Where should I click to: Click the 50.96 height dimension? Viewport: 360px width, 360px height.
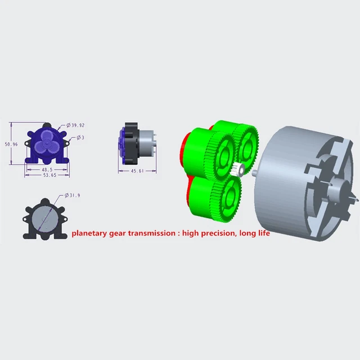[x=11, y=144]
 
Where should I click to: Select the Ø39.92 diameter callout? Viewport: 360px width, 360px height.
[x=75, y=125]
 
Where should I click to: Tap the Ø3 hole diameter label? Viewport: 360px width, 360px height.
[x=80, y=137]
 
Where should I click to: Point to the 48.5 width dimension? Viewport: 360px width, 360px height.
[x=47, y=170]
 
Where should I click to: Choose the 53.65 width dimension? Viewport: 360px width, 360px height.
[x=50, y=175]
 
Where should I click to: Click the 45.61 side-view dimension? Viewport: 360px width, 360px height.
[x=137, y=171]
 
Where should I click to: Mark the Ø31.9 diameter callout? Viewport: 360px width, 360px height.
[x=73, y=195]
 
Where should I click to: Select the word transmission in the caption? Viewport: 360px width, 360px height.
[x=152, y=233]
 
